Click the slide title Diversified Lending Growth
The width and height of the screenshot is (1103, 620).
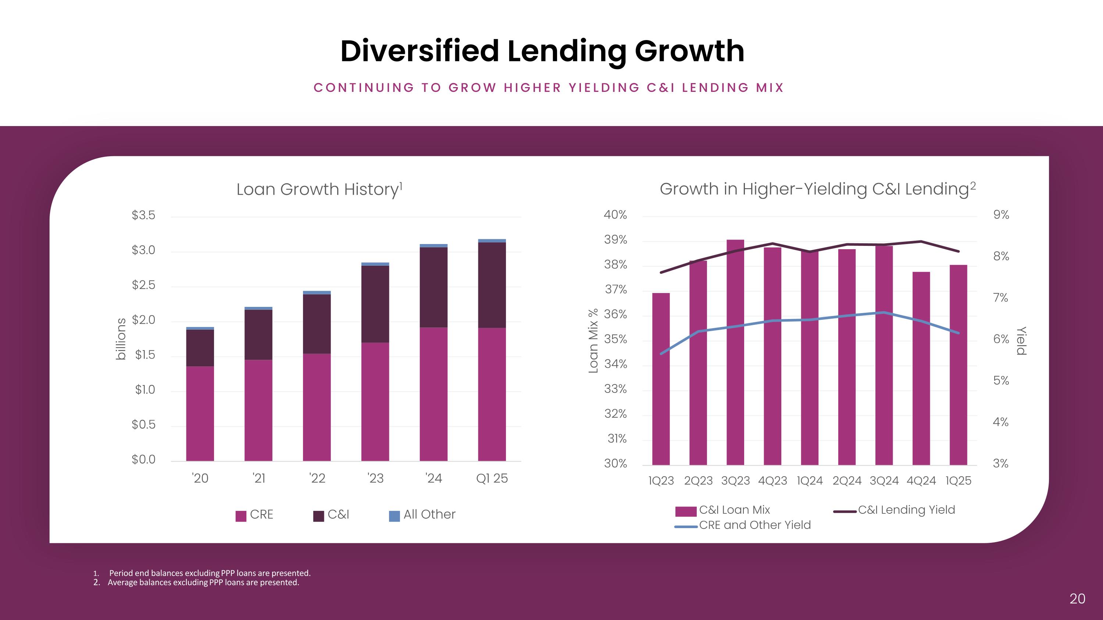point(542,51)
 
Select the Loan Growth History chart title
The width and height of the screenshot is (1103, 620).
point(319,189)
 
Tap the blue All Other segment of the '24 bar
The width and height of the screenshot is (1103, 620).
point(433,246)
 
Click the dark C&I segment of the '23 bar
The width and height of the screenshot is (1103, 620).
point(375,304)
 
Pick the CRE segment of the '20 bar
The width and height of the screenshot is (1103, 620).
point(200,413)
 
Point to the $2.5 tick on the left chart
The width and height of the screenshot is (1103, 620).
point(143,285)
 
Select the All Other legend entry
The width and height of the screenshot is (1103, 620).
point(422,514)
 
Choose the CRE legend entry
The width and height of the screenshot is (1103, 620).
point(254,514)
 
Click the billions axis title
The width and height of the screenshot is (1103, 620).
point(121,338)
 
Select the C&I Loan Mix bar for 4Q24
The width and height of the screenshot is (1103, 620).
point(921,368)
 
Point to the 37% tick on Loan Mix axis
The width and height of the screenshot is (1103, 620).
point(616,290)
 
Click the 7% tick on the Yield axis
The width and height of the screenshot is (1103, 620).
point(1001,298)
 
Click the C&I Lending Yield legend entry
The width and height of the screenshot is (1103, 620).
point(895,510)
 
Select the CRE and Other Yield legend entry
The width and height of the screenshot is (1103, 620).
point(743,525)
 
